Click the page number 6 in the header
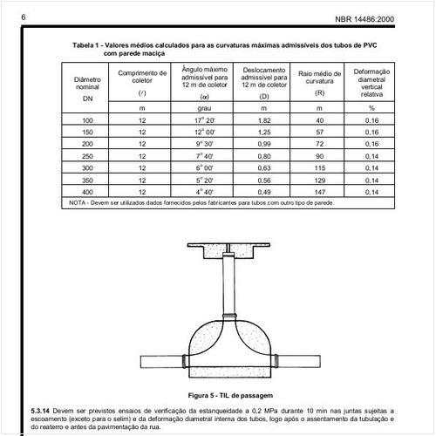(x=21, y=17)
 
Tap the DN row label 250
(x=87, y=155)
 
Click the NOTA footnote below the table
(x=201, y=203)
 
